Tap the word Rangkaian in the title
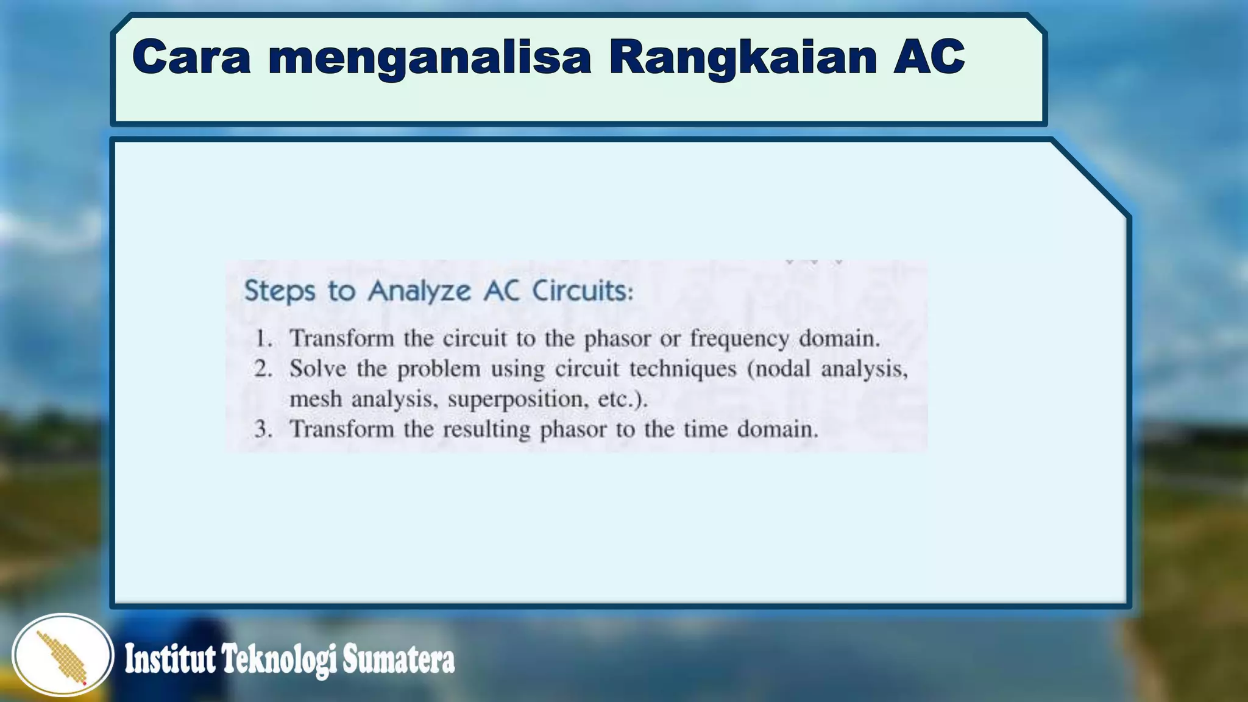742,58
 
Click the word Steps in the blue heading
280,291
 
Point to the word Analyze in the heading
419,291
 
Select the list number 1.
263,339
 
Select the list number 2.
263,369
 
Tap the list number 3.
263,430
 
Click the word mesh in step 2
315,400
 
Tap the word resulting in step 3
486,430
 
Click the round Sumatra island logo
63,655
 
